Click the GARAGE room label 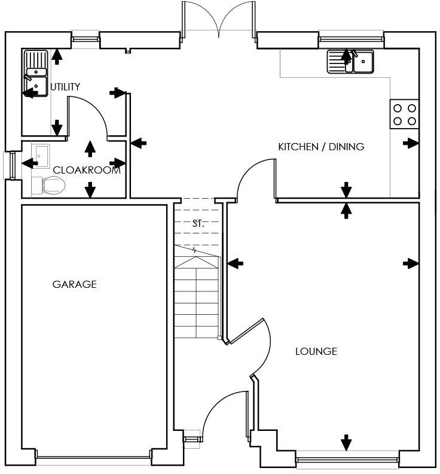click(x=74, y=284)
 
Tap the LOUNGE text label click(x=316, y=351)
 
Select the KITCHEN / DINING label click(x=321, y=147)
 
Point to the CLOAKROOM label click(x=87, y=170)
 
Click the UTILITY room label click(x=65, y=87)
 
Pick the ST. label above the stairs click(x=198, y=224)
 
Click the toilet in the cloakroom click(x=48, y=186)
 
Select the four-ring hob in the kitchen click(x=404, y=114)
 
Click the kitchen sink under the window click(x=350, y=62)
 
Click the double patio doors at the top click(x=219, y=18)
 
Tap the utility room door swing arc click(x=90, y=114)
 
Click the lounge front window click(x=347, y=460)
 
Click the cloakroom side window click(x=12, y=165)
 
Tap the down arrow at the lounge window click(x=346, y=443)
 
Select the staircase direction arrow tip click(x=194, y=250)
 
